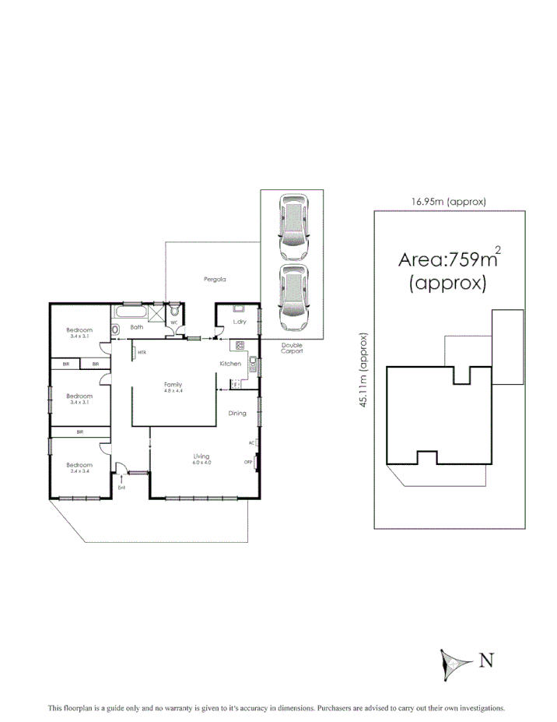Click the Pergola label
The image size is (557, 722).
click(x=205, y=280)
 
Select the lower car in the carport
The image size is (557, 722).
click(x=293, y=298)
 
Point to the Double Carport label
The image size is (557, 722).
click(x=293, y=347)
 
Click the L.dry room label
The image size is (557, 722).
click(x=239, y=321)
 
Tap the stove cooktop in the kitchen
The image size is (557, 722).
click(x=240, y=345)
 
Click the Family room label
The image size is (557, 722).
click(x=173, y=384)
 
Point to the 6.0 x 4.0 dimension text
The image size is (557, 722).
click(x=201, y=463)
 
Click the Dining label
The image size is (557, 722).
click(x=237, y=414)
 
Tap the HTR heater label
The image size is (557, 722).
click(x=142, y=353)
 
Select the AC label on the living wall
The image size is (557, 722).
click(x=251, y=442)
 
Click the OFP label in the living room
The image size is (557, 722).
click(x=249, y=462)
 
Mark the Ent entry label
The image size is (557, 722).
click(x=121, y=488)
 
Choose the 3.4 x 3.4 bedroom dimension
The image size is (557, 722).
click(x=80, y=471)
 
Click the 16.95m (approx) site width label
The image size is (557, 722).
click(x=449, y=202)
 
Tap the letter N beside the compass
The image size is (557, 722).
click(x=487, y=661)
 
